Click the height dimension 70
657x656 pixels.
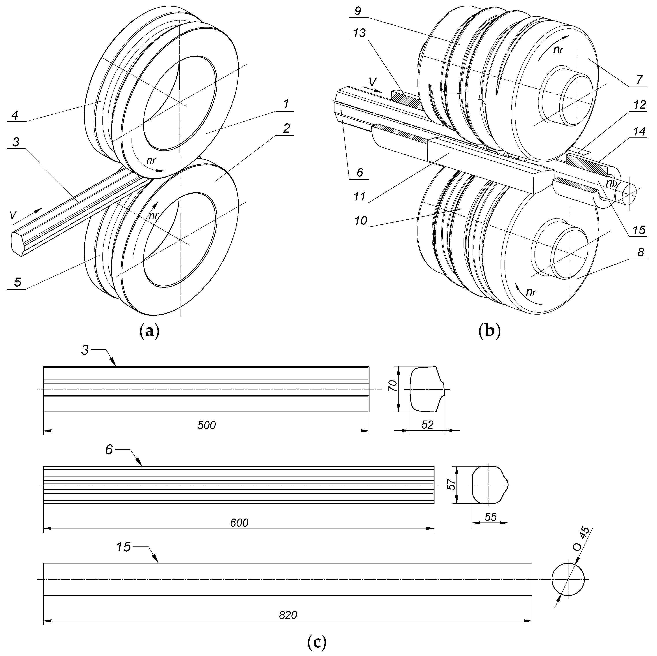(393, 387)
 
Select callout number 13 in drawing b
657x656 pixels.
(359, 33)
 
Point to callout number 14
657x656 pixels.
(639, 132)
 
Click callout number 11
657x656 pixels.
(359, 196)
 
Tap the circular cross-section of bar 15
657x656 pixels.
(568, 579)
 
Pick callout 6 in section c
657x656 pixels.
(109, 450)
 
